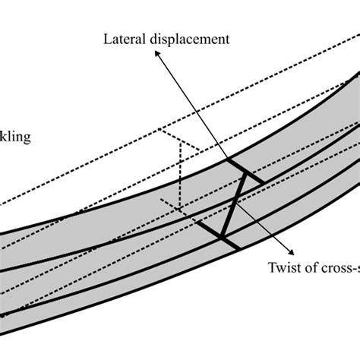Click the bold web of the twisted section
pyautogui.click(x=233, y=205)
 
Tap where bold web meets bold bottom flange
pyautogui.click(x=223, y=238)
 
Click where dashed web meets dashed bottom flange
pyautogui.click(x=179, y=206)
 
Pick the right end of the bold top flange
pyautogui.click(x=262, y=182)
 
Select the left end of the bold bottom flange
pyautogui.click(x=201, y=224)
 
